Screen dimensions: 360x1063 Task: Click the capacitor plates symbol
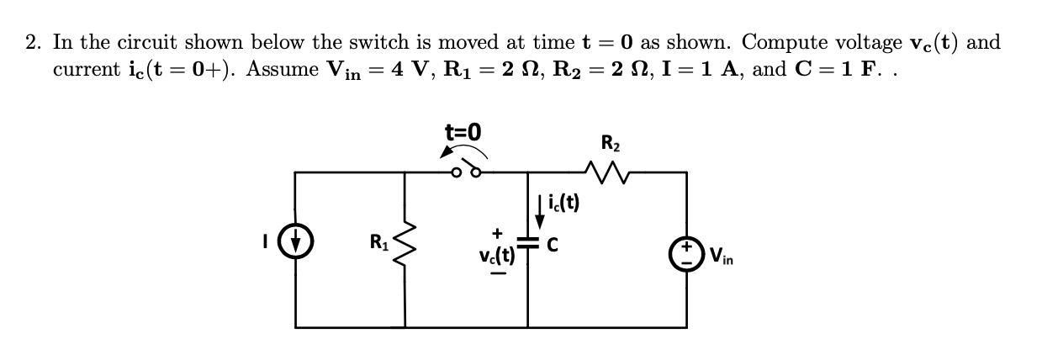click(x=528, y=245)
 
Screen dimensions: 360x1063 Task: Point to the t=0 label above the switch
click(x=463, y=131)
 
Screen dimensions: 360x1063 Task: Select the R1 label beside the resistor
click(x=379, y=244)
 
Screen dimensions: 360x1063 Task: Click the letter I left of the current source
click(x=267, y=242)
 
